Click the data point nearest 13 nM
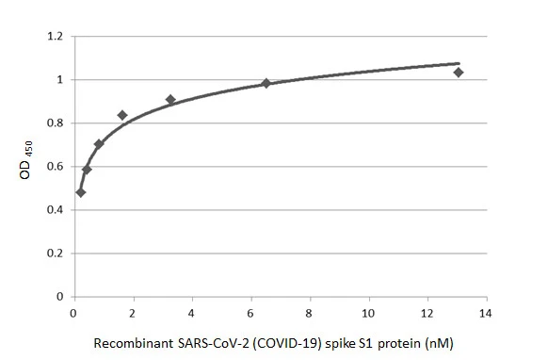(459, 73)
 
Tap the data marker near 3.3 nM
(170, 99)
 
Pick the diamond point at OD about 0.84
(122, 115)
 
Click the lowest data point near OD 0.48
(81, 192)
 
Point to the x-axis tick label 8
(310, 312)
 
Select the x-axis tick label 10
(369, 312)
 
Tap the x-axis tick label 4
(192, 312)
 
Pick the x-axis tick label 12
(427, 312)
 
